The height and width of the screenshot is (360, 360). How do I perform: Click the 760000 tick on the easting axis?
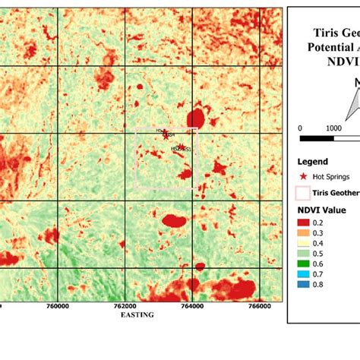click(x=58, y=306)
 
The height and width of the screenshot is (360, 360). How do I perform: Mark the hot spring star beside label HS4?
click(x=166, y=135)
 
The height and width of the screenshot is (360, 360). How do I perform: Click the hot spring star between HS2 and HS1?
click(x=181, y=149)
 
